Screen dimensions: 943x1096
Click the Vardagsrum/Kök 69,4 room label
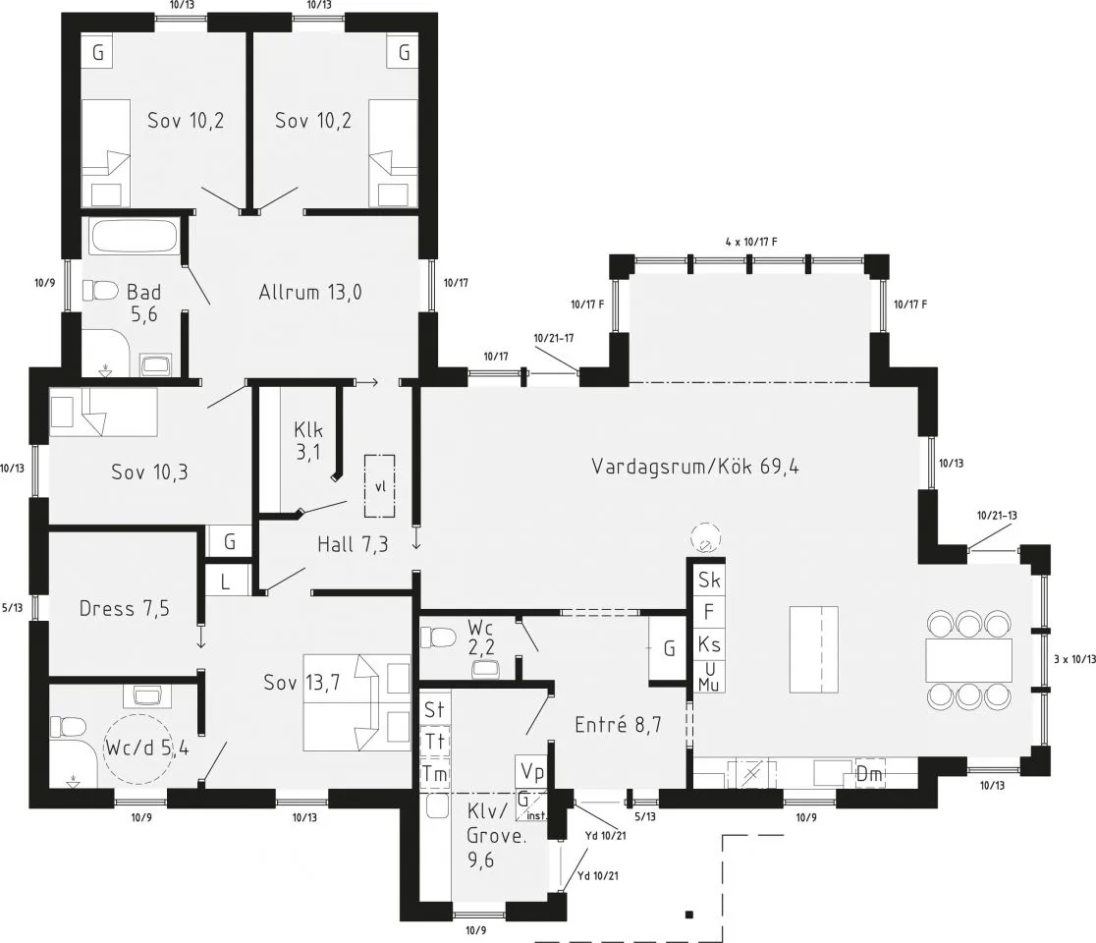pos(694,467)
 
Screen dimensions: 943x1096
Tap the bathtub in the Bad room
pos(135,237)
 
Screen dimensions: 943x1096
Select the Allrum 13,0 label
pos(315,292)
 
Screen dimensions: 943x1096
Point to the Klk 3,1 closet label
pos(307,441)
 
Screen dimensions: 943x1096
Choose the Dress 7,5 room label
pos(124,609)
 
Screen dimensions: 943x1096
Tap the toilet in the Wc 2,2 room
pos(438,638)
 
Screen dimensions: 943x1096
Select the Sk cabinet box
pos(709,581)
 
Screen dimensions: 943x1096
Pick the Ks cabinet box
pos(709,644)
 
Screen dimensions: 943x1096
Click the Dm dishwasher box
pos(869,774)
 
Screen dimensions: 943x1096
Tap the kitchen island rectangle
pos(814,649)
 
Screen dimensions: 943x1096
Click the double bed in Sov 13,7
pos(356,701)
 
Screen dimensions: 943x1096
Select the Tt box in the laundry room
pos(434,742)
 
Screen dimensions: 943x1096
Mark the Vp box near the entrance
pos(532,770)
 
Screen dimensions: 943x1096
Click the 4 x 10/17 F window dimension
pos(751,241)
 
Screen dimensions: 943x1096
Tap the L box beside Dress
pos(225,580)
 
